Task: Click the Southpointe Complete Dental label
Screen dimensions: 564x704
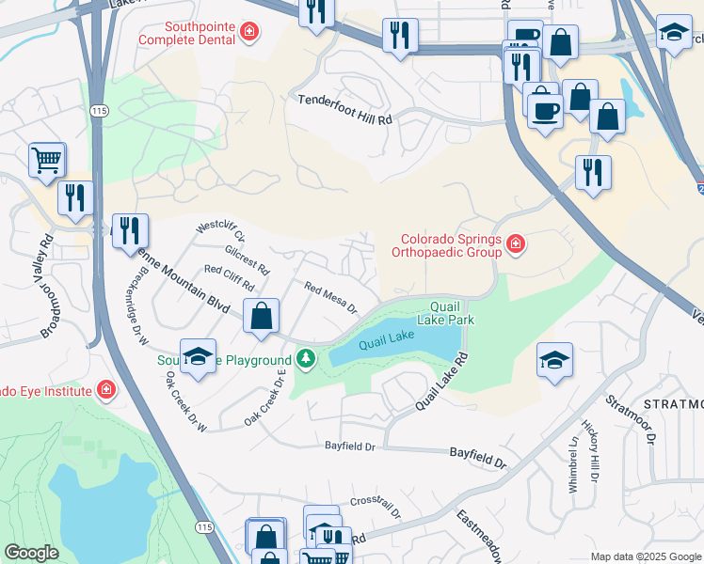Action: tap(188, 34)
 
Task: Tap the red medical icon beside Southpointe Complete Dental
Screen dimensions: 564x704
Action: tap(248, 34)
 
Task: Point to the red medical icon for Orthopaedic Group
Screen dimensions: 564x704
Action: tap(515, 245)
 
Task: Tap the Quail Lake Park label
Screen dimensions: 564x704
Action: tap(452, 313)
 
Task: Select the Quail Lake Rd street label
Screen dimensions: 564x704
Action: tap(441, 384)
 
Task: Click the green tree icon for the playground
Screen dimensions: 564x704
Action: tap(305, 359)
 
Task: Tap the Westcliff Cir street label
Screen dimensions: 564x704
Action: tap(219, 232)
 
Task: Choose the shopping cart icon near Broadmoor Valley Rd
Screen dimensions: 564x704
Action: tap(46, 160)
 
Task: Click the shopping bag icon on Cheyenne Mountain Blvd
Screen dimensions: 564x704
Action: tap(262, 317)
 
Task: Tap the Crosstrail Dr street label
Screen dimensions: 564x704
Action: tap(376, 508)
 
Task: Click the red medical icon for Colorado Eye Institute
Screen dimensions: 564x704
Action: tap(105, 390)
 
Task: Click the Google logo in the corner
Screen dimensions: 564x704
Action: tap(31, 553)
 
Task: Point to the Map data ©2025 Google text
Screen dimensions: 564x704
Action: tap(645, 556)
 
